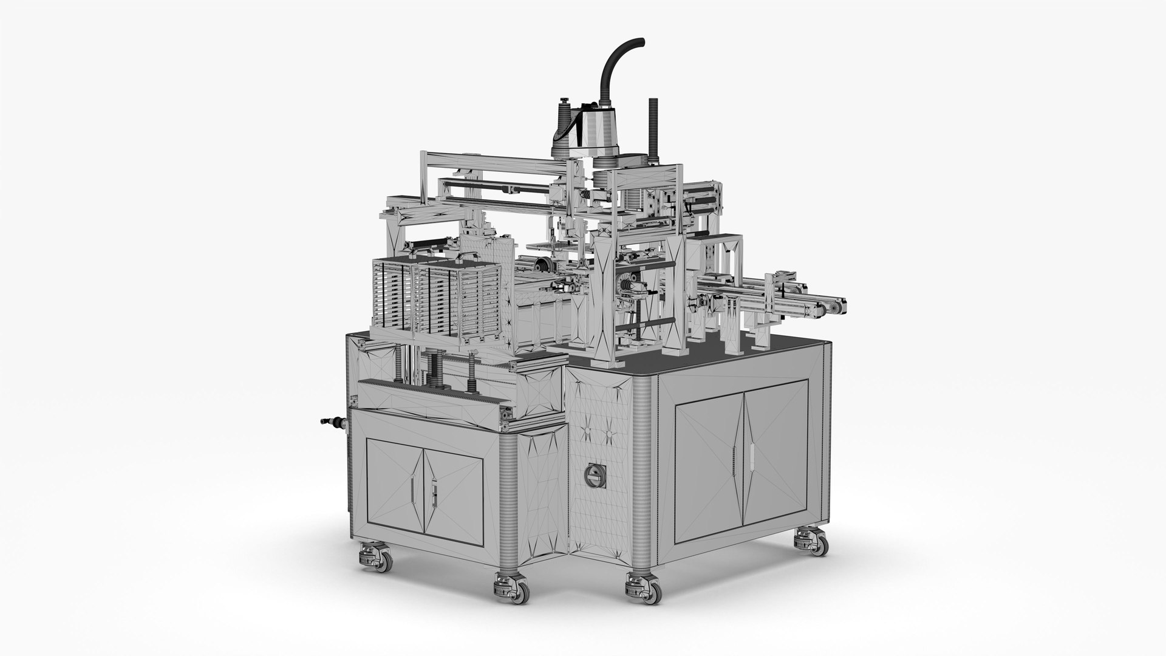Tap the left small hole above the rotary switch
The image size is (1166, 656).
pos(587,432)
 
